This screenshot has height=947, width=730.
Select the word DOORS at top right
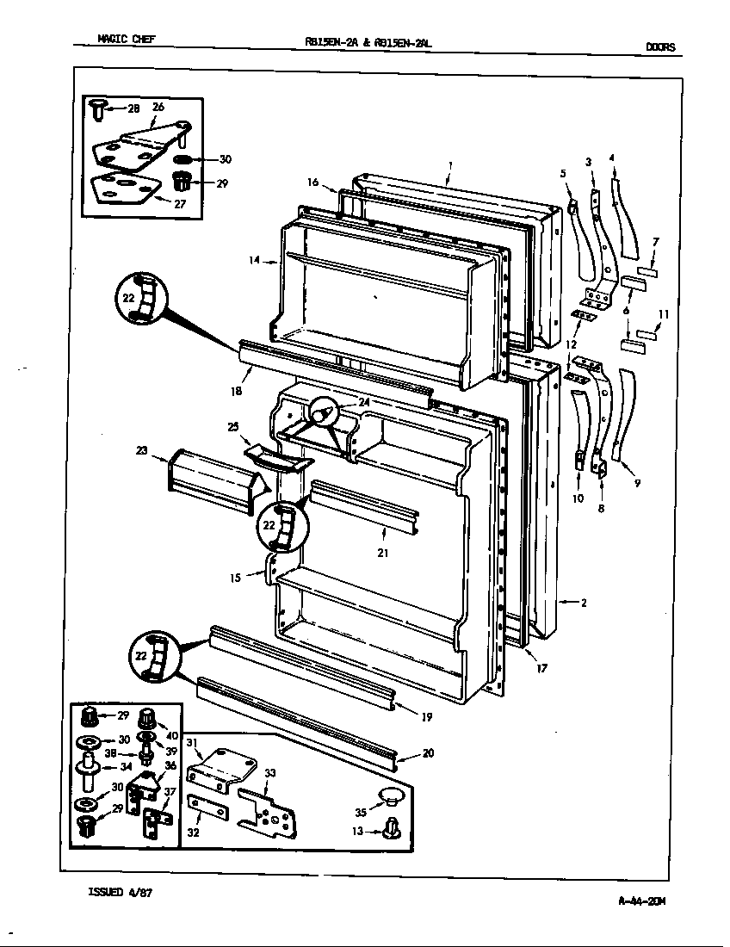pyautogui.click(x=659, y=47)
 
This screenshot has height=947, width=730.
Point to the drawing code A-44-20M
pyautogui.click(x=641, y=901)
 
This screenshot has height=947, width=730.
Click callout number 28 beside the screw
pyautogui.click(x=133, y=108)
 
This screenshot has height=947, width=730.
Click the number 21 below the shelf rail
pyautogui.click(x=382, y=553)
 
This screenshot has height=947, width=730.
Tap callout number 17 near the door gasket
pyautogui.click(x=541, y=667)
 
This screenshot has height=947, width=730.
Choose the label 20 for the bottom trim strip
pyautogui.click(x=428, y=753)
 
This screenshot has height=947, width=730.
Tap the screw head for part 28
pyautogui.click(x=96, y=108)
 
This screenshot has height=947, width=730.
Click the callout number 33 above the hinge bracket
pyautogui.click(x=269, y=773)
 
